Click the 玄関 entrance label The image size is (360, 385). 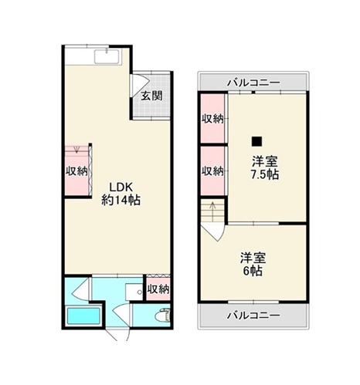coord(152,96)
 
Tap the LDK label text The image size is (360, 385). coord(121,187)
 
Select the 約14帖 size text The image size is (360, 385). coord(121,200)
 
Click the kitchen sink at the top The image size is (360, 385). coord(107,56)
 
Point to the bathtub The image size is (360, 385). coord(83,316)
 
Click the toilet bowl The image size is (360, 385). coord(163,316)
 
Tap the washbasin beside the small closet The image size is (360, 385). coord(134,292)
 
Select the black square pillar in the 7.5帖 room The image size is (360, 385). coord(256,141)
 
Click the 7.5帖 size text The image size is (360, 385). coord(265,174)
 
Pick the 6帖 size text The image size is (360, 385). coord(253,271)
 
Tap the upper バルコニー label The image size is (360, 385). coord(253,83)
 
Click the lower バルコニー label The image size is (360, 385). coord(253,315)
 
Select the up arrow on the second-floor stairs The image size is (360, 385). coord(212,211)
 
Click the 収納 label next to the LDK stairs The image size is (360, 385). coord(76,171)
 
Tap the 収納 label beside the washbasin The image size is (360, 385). coord(158,289)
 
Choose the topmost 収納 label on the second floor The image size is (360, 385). coord(212,119)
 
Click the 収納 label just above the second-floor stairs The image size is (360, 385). coord(212,171)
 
